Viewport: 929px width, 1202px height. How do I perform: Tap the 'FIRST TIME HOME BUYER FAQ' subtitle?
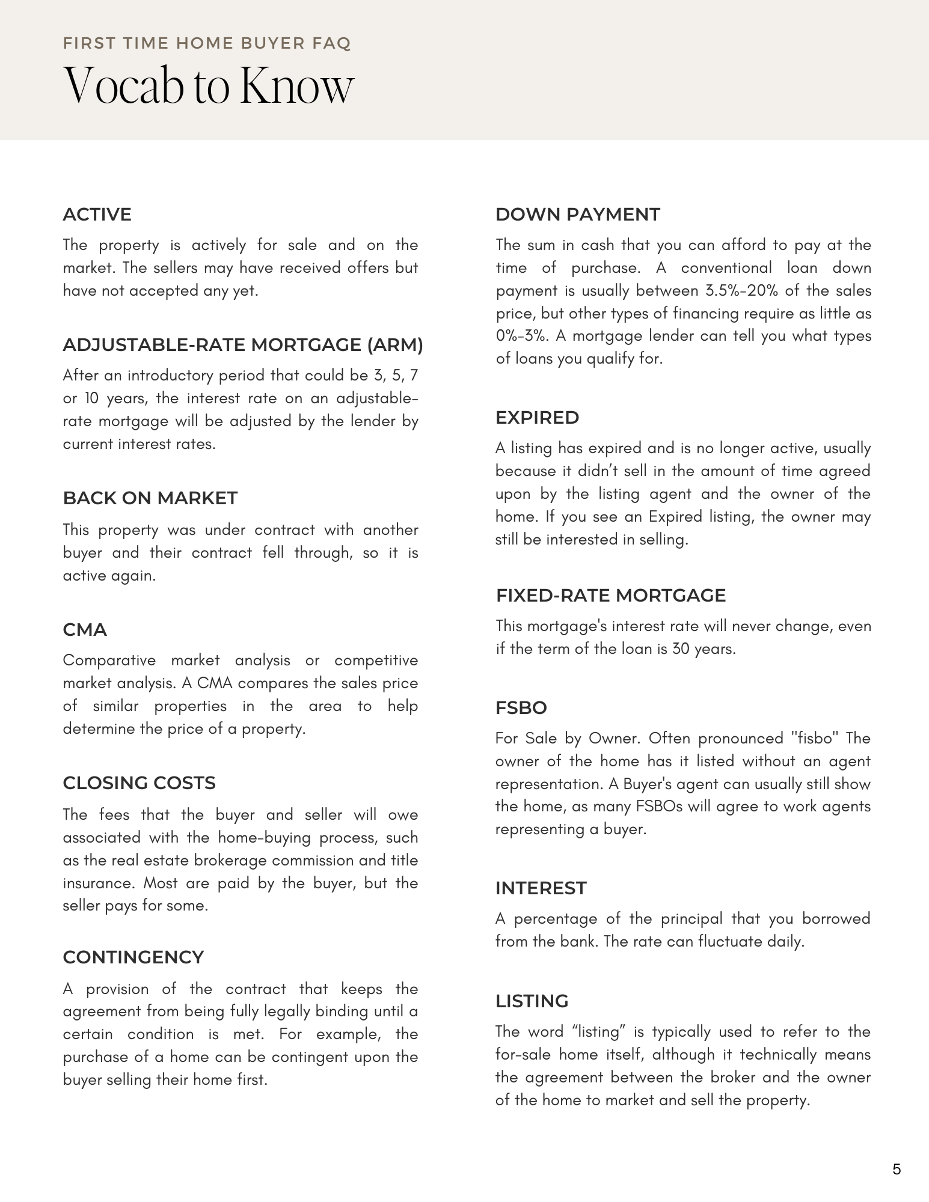(x=207, y=43)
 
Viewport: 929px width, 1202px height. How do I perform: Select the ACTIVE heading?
(x=97, y=215)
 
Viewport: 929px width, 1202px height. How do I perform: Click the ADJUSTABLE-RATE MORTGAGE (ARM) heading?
(x=243, y=345)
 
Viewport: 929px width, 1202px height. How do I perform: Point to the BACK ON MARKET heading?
(x=150, y=498)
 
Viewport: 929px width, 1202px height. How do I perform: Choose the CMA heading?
(x=85, y=630)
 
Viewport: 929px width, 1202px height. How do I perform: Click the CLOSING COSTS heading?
(x=139, y=783)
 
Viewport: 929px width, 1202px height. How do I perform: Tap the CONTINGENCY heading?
(x=133, y=957)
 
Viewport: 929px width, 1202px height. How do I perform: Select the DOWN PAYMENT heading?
(x=577, y=215)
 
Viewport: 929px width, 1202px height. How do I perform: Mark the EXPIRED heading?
(x=537, y=418)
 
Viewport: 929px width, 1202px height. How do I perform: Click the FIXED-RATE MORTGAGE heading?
(x=611, y=596)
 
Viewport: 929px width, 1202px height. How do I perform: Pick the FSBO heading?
(x=521, y=708)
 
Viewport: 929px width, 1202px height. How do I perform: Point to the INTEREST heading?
(x=541, y=888)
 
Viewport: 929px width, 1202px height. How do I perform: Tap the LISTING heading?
(x=532, y=1001)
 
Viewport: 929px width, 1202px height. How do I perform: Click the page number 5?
(x=897, y=1170)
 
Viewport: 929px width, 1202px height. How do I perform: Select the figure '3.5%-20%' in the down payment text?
(x=742, y=291)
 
